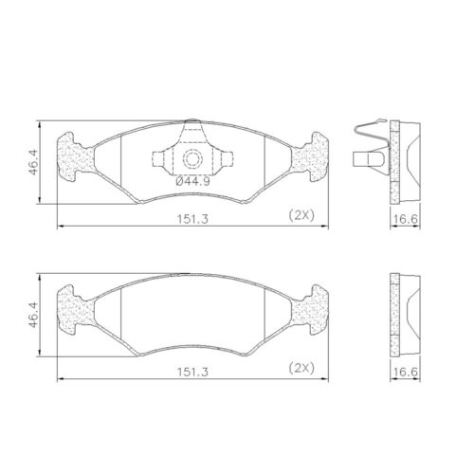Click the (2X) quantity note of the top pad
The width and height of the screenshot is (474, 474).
pyautogui.click(x=300, y=217)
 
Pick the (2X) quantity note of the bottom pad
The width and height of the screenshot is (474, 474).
pyautogui.click(x=300, y=368)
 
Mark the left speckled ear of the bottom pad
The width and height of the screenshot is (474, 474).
pyautogui.click(x=70, y=307)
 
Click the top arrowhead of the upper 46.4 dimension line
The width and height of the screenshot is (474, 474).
pyautogui.click(x=40, y=124)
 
